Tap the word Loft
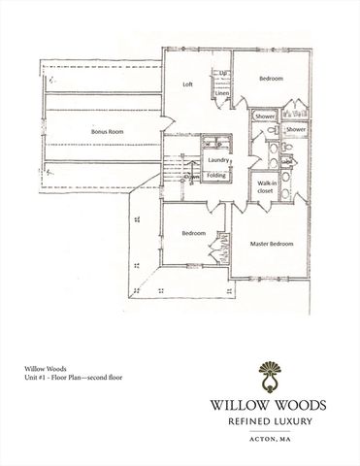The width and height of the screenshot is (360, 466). click(189, 84)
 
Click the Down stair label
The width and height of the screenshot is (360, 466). click(192, 177)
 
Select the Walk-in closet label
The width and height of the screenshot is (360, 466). click(265, 187)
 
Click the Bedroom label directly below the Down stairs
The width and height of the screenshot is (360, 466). click(196, 234)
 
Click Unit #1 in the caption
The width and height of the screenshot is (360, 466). click(38, 377)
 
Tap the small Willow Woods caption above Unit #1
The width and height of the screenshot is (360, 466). click(40, 368)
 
